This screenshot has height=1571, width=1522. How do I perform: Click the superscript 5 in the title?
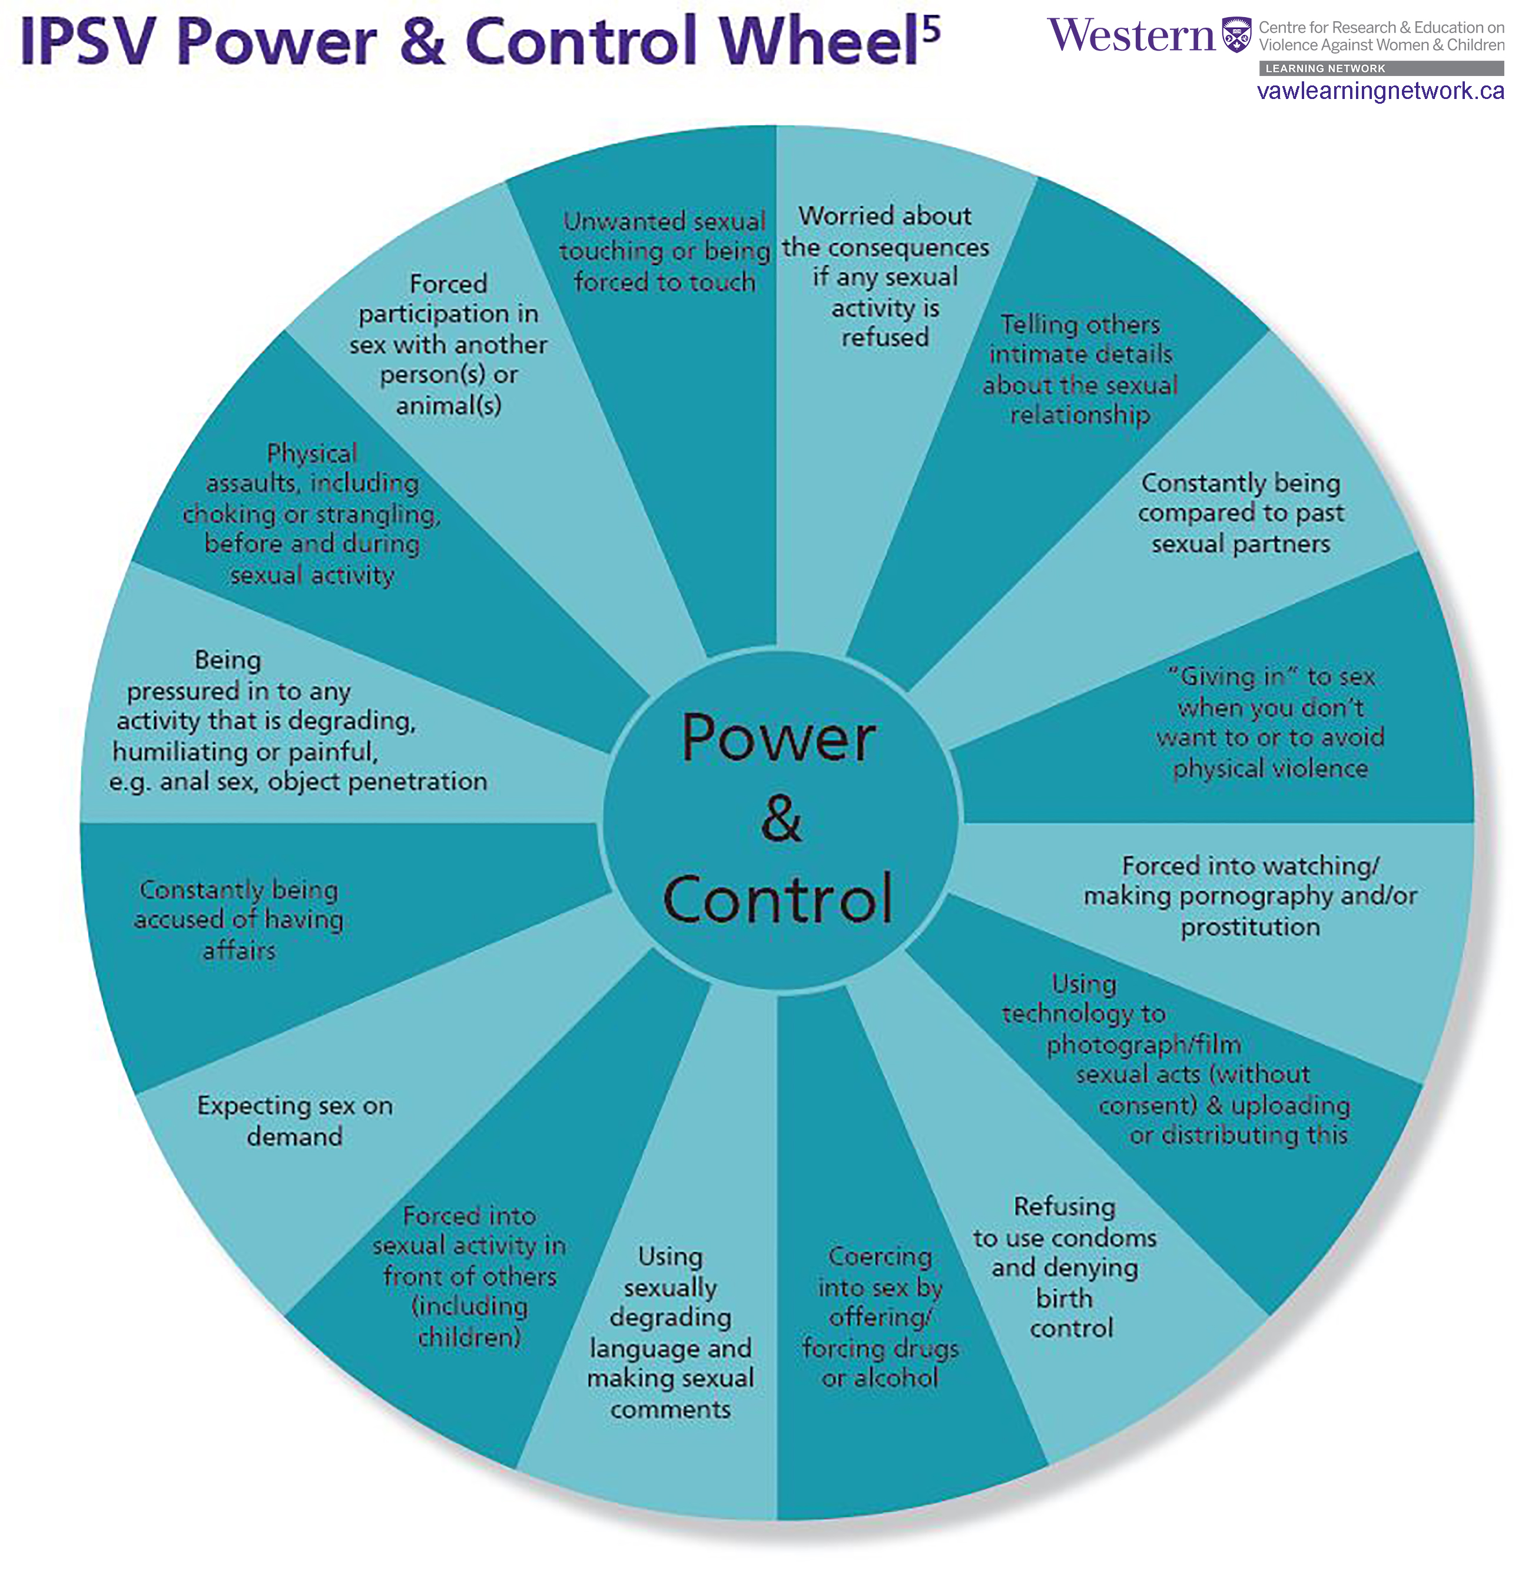tap(931, 29)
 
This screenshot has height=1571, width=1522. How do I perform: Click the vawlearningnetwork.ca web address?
tap(1380, 91)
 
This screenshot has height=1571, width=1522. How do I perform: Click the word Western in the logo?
tap(1131, 36)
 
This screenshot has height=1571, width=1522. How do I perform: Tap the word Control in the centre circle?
tap(778, 899)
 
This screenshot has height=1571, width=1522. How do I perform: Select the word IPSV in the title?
tap(87, 42)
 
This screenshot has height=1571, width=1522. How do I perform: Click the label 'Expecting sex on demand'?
tap(295, 1121)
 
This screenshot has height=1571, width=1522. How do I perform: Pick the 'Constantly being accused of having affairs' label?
tap(238, 920)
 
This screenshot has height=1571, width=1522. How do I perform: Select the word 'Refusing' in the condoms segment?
tap(1064, 1206)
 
